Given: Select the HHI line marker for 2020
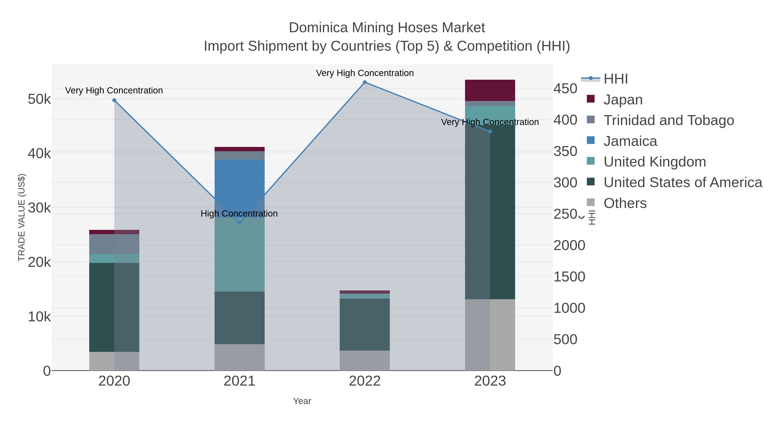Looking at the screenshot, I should [x=114, y=100].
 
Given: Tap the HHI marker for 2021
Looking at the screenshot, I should [x=240, y=223].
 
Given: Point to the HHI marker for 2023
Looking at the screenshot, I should [x=490, y=131].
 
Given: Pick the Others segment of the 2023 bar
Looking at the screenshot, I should [x=490, y=334].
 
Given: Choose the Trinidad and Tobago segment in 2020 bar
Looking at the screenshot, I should [x=114, y=244].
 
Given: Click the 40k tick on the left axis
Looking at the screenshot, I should [x=39, y=153].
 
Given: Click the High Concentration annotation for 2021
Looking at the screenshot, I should [x=239, y=214].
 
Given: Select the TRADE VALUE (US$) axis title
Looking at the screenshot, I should [x=22, y=217].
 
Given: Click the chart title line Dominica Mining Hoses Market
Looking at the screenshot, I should [x=387, y=28].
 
